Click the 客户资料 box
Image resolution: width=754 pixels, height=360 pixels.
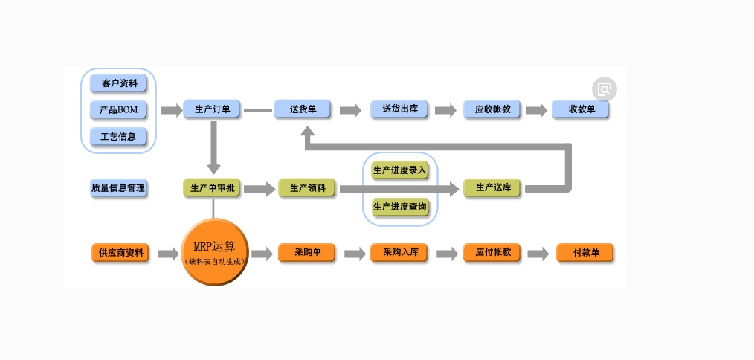click(118, 83)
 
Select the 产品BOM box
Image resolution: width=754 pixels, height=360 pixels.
click(118, 110)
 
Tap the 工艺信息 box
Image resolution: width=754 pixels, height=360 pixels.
click(118, 137)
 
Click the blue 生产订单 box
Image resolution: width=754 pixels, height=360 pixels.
click(213, 110)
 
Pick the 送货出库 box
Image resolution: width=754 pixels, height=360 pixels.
click(400, 110)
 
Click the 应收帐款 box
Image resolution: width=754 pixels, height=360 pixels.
click(492, 110)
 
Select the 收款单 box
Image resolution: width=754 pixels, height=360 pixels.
click(581, 110)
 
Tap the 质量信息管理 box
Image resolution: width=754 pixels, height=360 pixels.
click(118, 188)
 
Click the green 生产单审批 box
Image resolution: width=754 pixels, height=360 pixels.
click(213, 188)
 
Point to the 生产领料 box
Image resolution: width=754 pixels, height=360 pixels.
click(307, 188)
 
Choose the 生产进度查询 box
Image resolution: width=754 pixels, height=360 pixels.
click(400, 206)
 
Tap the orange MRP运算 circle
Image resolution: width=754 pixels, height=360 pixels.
click(214, 252)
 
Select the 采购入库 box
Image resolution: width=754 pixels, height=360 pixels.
click(400, 253)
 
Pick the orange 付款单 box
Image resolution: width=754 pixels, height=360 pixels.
click(585, 253)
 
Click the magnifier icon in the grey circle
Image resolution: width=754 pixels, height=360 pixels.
click(605, 89)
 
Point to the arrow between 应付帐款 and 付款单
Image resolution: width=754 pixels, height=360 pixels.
click(538, 254)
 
